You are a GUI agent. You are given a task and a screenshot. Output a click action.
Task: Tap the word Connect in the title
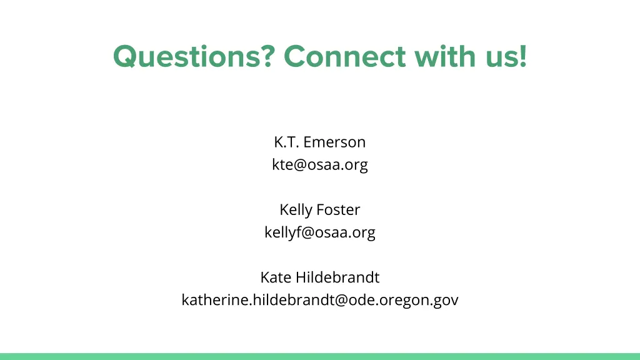tap(344, 57)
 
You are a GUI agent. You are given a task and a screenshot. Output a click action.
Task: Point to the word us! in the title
tap(506, 57)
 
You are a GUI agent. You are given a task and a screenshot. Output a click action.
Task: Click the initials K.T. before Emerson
tap(286, 142)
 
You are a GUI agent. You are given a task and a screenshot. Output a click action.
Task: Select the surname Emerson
tap(334, 142)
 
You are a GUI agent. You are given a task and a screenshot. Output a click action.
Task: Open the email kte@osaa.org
tap(319, 165)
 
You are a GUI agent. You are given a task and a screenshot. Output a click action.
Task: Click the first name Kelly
tap(296, 210)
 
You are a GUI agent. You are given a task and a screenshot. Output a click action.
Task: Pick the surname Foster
tap(338, 210)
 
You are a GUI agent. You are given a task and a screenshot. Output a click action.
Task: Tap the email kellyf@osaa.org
tap(319, 232)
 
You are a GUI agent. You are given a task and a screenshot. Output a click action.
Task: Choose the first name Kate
tap(276, 277)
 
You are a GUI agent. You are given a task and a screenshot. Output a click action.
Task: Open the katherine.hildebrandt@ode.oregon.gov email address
tap(319, 300)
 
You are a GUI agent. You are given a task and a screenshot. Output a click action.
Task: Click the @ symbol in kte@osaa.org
tap(299, 166)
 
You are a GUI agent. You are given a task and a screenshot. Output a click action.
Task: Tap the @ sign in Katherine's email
tap(341, 301)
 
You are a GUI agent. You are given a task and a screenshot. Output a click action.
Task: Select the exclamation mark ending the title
tap(522, 57)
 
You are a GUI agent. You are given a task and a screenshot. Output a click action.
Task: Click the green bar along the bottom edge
tap(320, 356)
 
